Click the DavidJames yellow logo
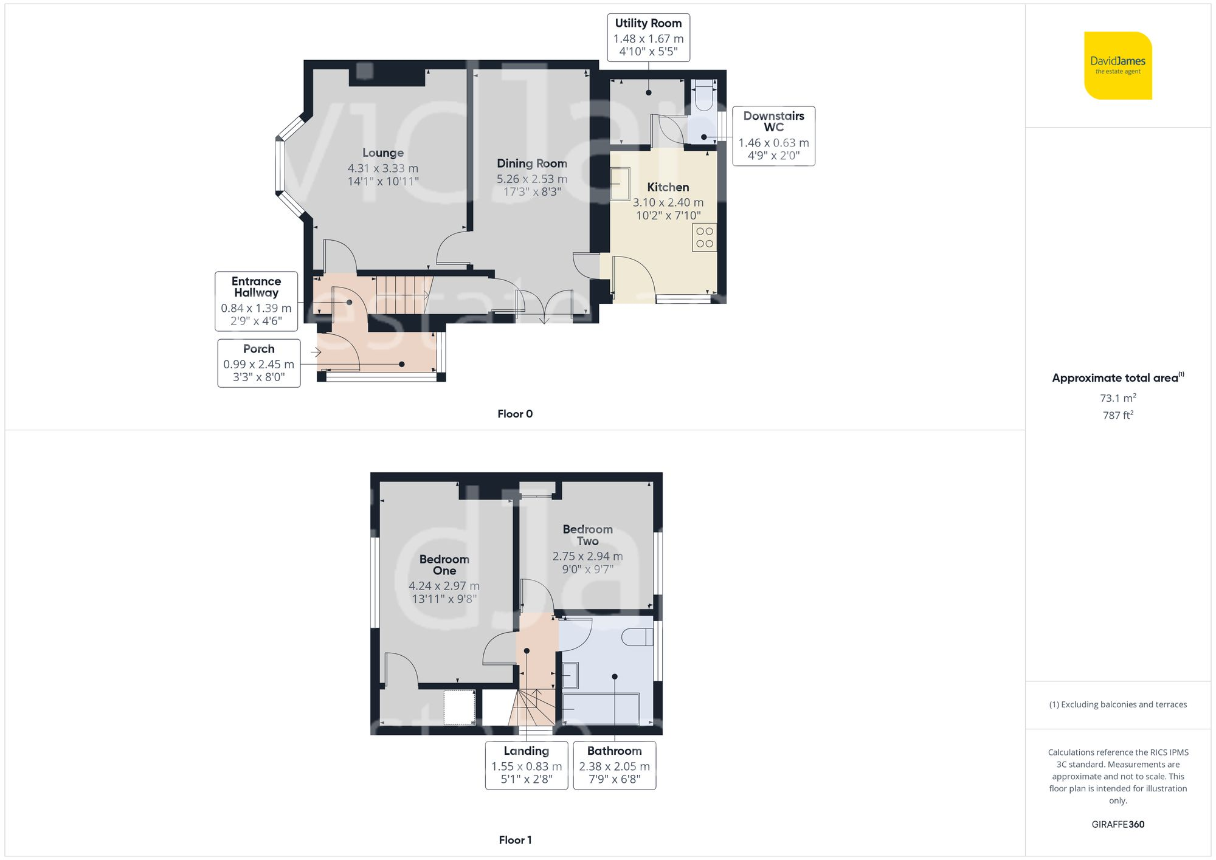(1118, 66)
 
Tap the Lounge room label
(383, 153)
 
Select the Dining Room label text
(532, 163)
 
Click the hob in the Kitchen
(704, 238)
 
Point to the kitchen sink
(620, 184)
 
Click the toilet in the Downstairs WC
(704, 95)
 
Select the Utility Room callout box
(648, 38)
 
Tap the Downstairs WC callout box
(773, 136)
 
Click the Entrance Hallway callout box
(256, 301)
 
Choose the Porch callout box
(259, 363)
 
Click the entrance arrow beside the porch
(316, 352)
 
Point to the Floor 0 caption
(515, 414)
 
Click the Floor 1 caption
(515, 840)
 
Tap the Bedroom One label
(444, 565)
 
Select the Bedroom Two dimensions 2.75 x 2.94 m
(587, 556)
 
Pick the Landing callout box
(527, 765)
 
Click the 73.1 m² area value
(1118, 398)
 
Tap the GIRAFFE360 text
(1118, 825)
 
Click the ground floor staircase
(401, 295)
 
